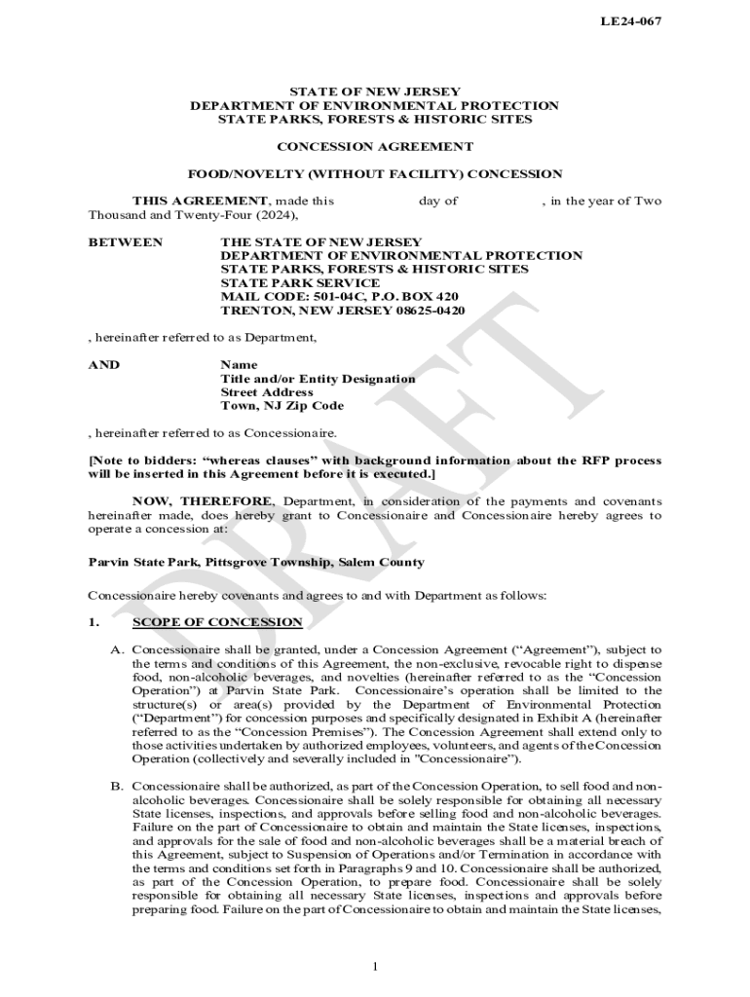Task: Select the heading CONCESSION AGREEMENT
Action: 375,147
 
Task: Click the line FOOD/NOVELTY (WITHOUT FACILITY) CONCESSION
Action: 375,174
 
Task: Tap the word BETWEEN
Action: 126,241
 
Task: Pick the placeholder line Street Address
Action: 267,392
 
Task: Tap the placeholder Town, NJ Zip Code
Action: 282,406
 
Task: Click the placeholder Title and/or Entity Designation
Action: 318,379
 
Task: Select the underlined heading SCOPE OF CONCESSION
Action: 217,622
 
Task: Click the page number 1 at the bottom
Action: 375,966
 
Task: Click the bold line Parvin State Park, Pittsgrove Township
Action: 256,563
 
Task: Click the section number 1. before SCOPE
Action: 94,622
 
